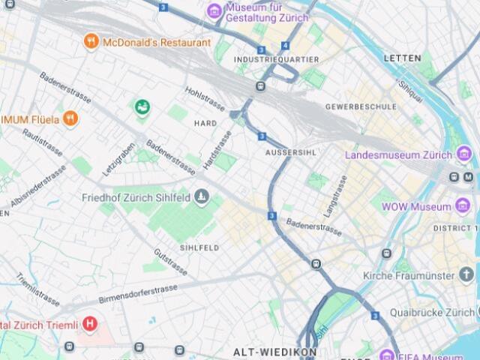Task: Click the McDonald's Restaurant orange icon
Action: click(x=91, y=42)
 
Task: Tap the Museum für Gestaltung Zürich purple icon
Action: click(x=214, y=10)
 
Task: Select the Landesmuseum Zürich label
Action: click(x=398, y=155)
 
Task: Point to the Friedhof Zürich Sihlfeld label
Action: click(x=136, y=198)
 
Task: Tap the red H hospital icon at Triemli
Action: click(x=90, y=325)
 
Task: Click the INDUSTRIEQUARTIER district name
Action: click(x=276, y=59)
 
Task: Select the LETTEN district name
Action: click(x=403, y=58)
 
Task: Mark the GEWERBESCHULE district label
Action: click(x=361, y=106)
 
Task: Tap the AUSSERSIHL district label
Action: click(x=289, y=152)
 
